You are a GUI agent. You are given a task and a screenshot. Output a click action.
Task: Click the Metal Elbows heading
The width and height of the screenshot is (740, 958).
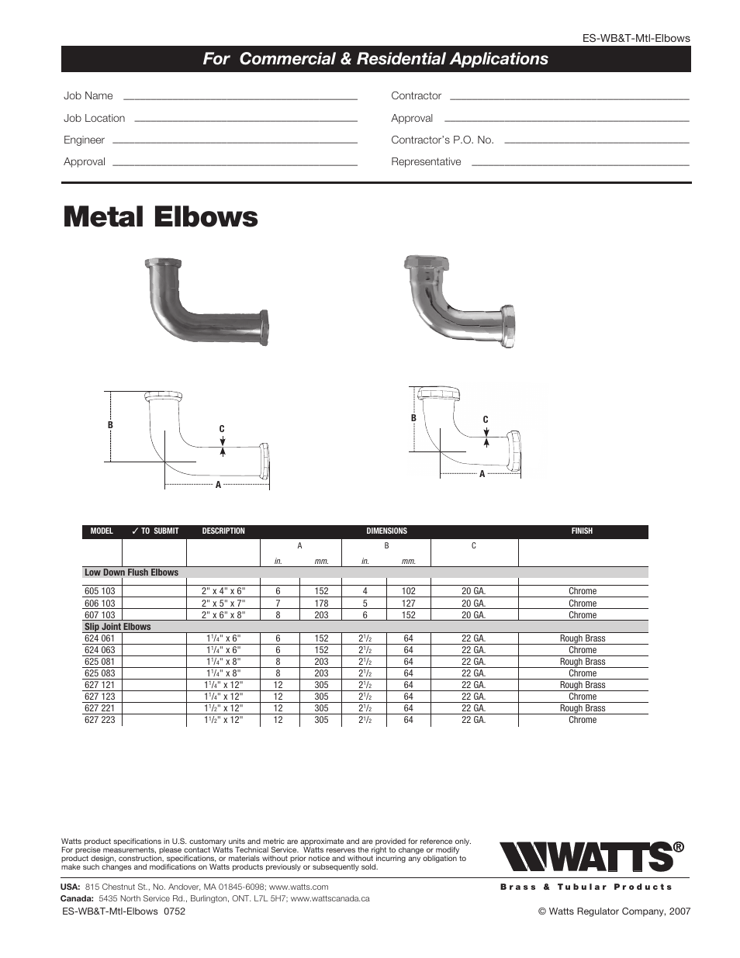click(x=161, y=217)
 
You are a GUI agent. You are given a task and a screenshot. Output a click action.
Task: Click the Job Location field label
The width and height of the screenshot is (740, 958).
click(x=94, y=118)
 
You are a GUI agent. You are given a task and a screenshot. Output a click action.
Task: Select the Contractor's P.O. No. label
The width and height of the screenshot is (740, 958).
click(x=442, y=140)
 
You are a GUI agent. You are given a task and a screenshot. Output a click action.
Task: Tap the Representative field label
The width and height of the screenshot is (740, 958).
click(x=426, y=161)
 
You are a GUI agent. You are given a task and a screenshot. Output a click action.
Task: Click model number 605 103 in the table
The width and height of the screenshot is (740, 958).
click(x=99, y=591)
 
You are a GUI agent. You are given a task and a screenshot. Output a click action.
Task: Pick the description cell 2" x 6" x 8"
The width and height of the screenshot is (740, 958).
click(x=223, y=615)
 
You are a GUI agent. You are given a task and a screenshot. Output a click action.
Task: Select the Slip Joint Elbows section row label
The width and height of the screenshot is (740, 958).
click(x=118, y=627)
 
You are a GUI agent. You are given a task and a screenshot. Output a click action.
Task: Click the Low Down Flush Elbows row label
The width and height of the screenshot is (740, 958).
click(x=131, y=572)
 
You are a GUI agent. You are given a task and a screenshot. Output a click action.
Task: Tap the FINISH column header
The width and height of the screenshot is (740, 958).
click(x=582, y=531)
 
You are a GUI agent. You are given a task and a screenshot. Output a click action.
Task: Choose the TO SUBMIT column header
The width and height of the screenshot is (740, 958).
click(x=155, y=531)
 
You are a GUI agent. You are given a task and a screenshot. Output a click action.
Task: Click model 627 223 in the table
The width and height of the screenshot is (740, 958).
click(x=99, y=720)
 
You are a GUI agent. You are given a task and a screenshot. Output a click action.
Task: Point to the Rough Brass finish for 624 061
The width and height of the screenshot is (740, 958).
click(x=583, y=638)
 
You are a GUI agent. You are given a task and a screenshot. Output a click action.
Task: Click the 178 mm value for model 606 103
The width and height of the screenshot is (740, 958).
click(x=321, y=604)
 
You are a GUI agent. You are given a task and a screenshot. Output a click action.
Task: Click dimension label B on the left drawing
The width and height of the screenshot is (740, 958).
click(x=110, y=425)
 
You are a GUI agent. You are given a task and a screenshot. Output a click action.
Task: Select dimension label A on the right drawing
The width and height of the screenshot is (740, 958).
click(x=482, y=474)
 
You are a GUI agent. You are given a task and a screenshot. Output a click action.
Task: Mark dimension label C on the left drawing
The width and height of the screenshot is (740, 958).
click(x=222, y=429)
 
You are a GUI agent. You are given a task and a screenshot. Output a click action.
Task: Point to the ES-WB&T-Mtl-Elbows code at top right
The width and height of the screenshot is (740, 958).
click(x=636, y=38)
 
